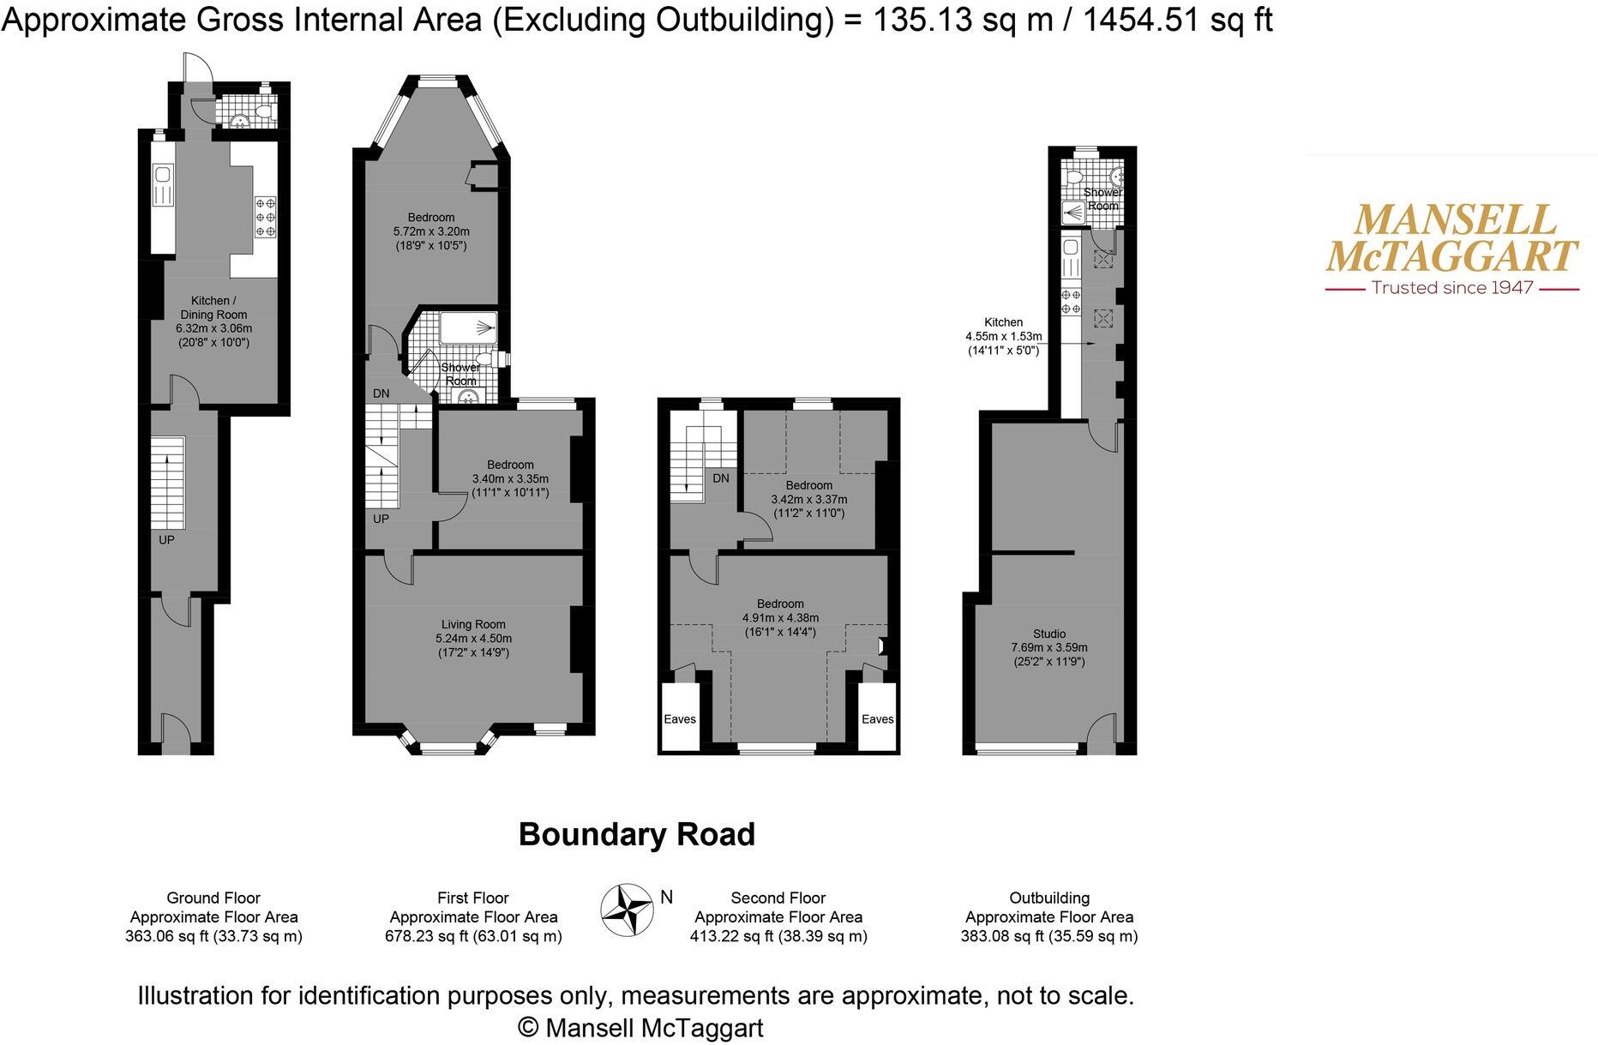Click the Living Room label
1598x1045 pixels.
click(473, 625)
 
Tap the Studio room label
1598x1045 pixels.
click(1049, 634)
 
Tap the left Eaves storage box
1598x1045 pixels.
click(680, 718)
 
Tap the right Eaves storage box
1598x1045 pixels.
click(877, 718)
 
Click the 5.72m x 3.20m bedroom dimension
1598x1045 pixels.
click(431, 231)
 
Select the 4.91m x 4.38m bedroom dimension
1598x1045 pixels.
click(780, 618)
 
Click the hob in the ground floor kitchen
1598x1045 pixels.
click(265, 217)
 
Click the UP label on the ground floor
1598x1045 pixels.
click(166, 540)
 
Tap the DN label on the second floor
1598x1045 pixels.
click(721, 478)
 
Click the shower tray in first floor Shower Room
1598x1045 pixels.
click(467, 327)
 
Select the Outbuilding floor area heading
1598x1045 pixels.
click(1049, 898)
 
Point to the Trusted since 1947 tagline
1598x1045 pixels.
click(1451, 288)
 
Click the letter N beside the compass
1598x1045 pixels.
click(666, 897)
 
